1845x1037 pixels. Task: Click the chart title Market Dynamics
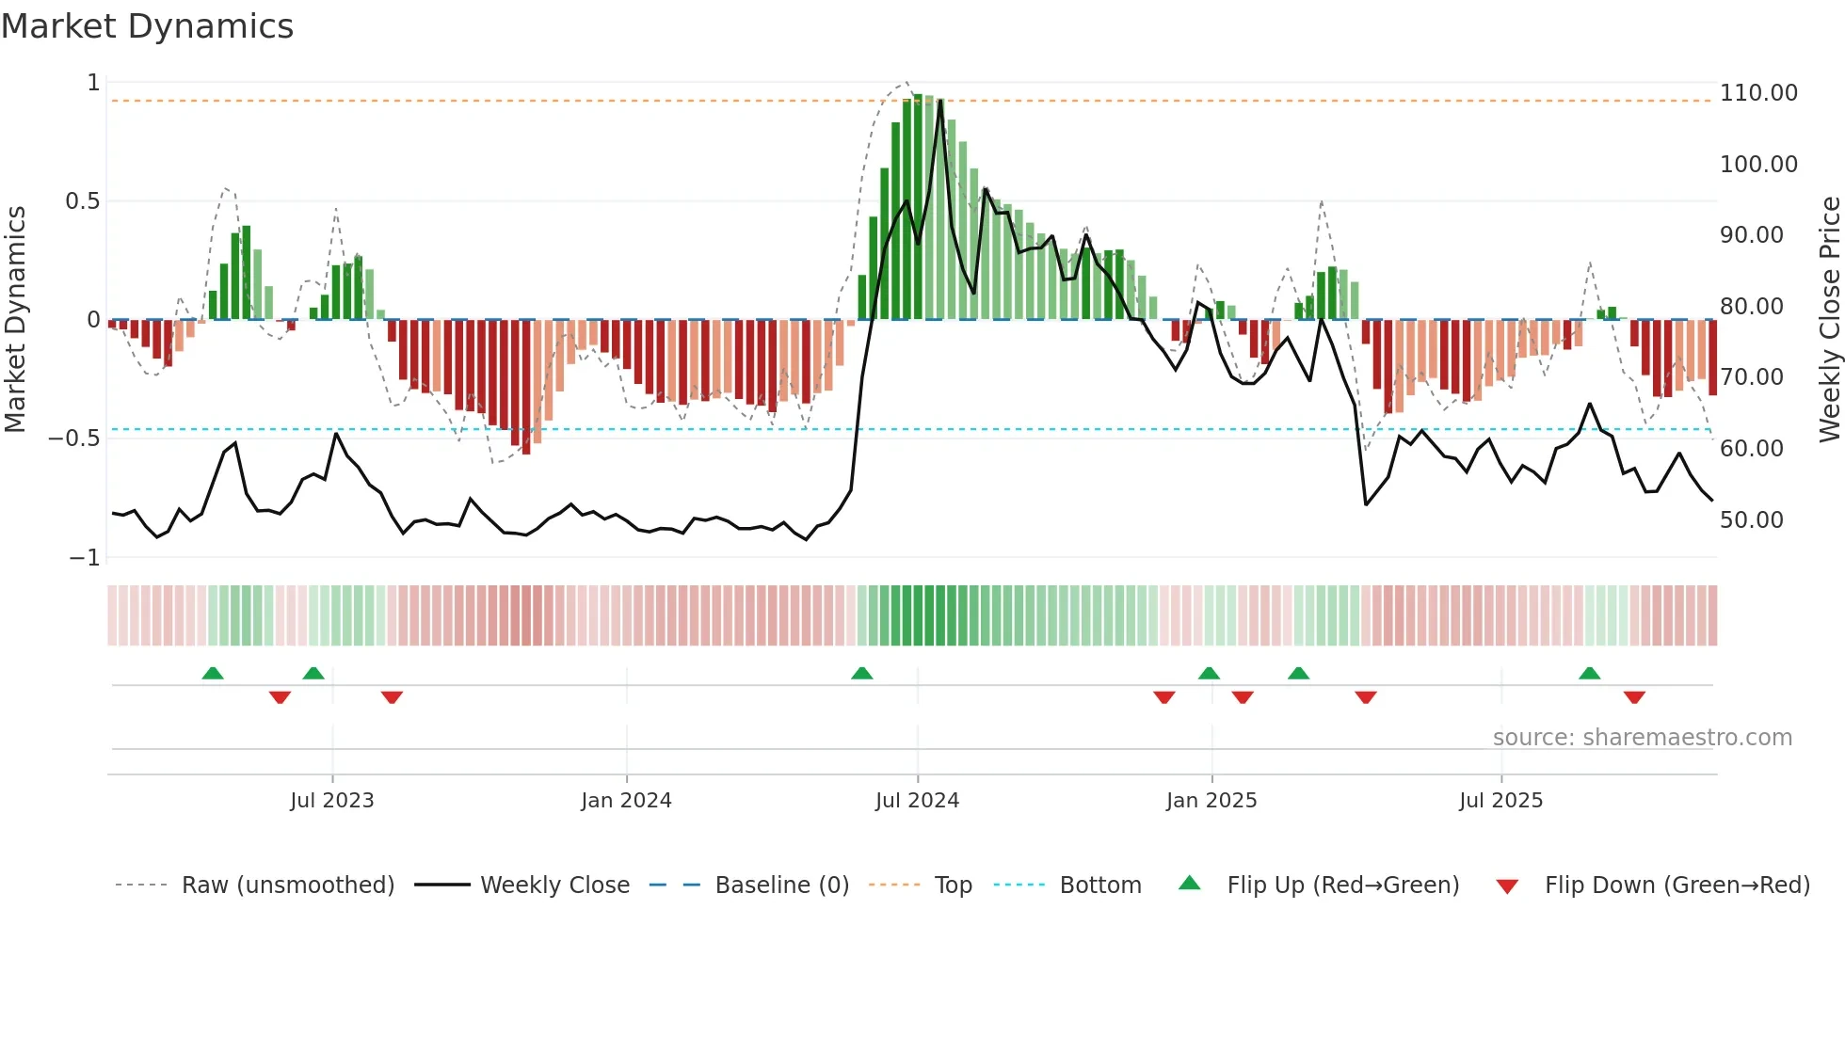tap(147, 26)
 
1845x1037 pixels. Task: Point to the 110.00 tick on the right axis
tap(1757, 93)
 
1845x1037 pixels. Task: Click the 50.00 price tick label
tap(1751, 520)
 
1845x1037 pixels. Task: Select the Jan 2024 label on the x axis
tap(626, 801)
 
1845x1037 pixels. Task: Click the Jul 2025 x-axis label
tap(1500, 801)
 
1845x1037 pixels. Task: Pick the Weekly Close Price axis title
tap(1829, 319)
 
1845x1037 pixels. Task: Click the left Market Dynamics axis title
tap(15, 319)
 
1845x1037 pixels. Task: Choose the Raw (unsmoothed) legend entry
tap(287, 885)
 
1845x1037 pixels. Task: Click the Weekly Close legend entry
tap(554, 885)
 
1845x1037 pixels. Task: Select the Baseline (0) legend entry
tap(781, 885)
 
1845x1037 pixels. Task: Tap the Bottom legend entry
tap(1099, 885)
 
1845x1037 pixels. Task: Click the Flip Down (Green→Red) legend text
tap(1677, 885)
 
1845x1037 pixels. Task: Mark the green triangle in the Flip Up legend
tap(1190, 883)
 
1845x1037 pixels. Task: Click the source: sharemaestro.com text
tap(1642, 738)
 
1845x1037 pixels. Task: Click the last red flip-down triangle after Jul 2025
tap(1634, 697)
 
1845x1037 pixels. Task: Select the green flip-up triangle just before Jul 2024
tap(861, 673)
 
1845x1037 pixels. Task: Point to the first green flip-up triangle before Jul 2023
tap(213, 673)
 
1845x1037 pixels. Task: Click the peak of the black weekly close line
tap(939, 101)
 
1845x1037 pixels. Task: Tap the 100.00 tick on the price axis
tap(1757, 165)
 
